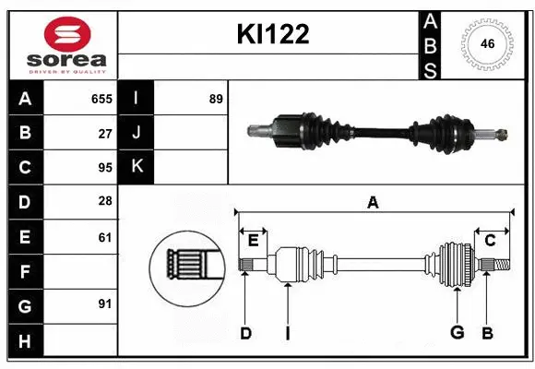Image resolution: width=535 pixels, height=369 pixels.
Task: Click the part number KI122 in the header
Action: pyautogui.click(x=273, y=35)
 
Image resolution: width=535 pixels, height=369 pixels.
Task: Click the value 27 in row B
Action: pyautogui.click(x=105, y=133)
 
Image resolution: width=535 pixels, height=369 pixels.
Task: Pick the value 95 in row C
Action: pyautogui.click(x=105, y=168)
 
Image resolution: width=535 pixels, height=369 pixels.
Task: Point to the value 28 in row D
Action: pyautogui.click(x=105, y=202)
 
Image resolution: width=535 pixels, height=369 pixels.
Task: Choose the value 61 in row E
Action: pyautogui.click(x=105, y=237)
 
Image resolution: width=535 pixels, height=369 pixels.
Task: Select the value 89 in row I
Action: pyautogui.click(x=216, y=99)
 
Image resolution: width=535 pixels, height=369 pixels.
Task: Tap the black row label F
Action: pyautogui.click(x=25, y=272)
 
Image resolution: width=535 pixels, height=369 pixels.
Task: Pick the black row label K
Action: pyautogui.click(x=137, y=168)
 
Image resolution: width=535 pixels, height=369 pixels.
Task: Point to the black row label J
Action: pyautogui.click(x=137, y=133)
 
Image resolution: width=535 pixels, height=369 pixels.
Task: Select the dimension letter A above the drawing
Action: pyautogui.click(x=373, y=203)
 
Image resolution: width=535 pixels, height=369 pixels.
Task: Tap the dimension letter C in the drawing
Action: pyautogui.click(x=491, y=241)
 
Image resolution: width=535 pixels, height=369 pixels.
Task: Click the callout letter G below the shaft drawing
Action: pyautogui.click(x=455, y=333)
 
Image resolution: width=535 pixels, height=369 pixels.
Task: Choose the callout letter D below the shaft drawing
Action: pyautogui.click(x=245, y=333)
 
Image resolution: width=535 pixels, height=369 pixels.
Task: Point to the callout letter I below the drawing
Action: pyautogui.click(x=287, y=333)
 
